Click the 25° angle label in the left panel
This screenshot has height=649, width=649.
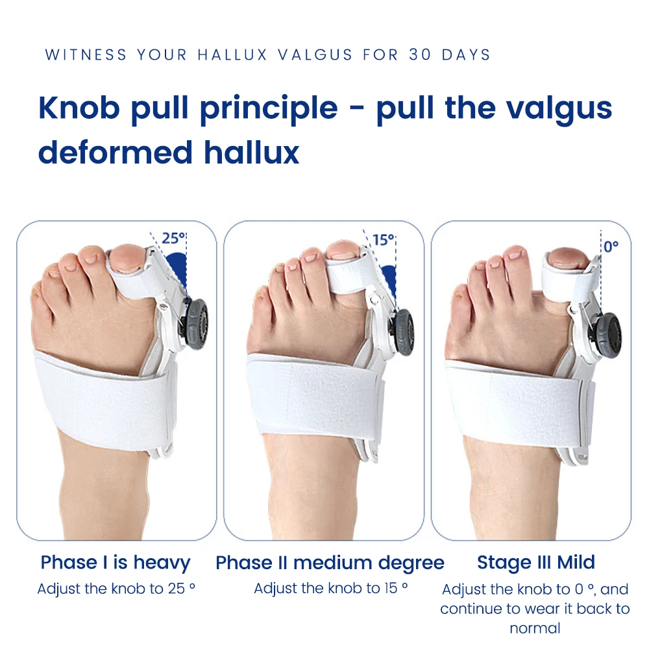(173, 238)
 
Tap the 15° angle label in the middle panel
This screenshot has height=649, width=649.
(384, 239)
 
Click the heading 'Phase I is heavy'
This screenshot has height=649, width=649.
(116, 562)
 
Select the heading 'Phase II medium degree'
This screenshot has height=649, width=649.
(330, 563)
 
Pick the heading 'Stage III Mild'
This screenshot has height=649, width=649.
(536, 562)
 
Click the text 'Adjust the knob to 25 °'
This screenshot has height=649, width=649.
(116, 589)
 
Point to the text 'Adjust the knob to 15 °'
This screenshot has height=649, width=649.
(331, 589)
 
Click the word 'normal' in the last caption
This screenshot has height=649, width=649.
(535, 628)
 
